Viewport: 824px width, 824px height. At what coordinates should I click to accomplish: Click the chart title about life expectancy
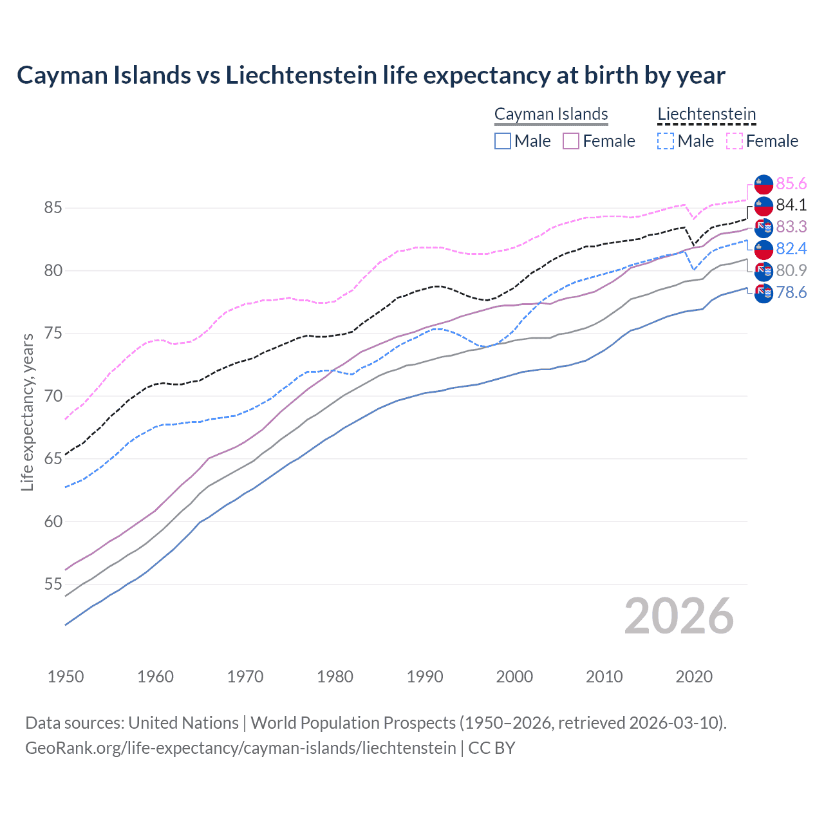point(371,75)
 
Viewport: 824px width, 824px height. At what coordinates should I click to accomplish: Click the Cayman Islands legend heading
point(551,114)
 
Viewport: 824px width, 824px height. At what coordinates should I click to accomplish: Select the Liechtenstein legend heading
point(706,114)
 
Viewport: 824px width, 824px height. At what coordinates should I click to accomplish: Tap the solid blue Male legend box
point(503,141)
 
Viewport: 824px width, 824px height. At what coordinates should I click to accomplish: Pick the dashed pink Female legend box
point(734,141)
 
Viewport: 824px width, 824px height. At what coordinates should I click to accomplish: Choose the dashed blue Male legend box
point(666,141)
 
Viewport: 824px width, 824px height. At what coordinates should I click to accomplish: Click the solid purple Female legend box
point(571,141)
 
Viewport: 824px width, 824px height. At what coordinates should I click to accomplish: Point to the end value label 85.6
point(791,184)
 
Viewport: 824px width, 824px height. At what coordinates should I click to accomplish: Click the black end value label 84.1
point(791,205)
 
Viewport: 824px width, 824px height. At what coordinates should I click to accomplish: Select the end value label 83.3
point(791,227)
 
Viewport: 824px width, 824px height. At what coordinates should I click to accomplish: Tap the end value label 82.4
point(791,249)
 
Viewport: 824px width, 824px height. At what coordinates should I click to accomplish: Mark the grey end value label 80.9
point(791,270)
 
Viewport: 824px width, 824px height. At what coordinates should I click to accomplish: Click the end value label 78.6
point(791,293)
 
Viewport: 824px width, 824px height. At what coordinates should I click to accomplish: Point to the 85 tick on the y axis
point(53,208)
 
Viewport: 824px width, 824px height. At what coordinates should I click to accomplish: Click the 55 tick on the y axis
point(53,585)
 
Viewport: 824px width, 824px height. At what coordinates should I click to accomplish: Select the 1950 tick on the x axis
point(66,677)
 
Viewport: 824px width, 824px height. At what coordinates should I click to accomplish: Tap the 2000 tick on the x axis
point(514,677)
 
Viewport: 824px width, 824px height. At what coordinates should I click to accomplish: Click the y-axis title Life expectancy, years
point(28,412)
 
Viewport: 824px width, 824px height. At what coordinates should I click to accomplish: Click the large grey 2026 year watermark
point(679,616)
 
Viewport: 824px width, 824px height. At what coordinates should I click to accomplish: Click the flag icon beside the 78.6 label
point(763,293)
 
